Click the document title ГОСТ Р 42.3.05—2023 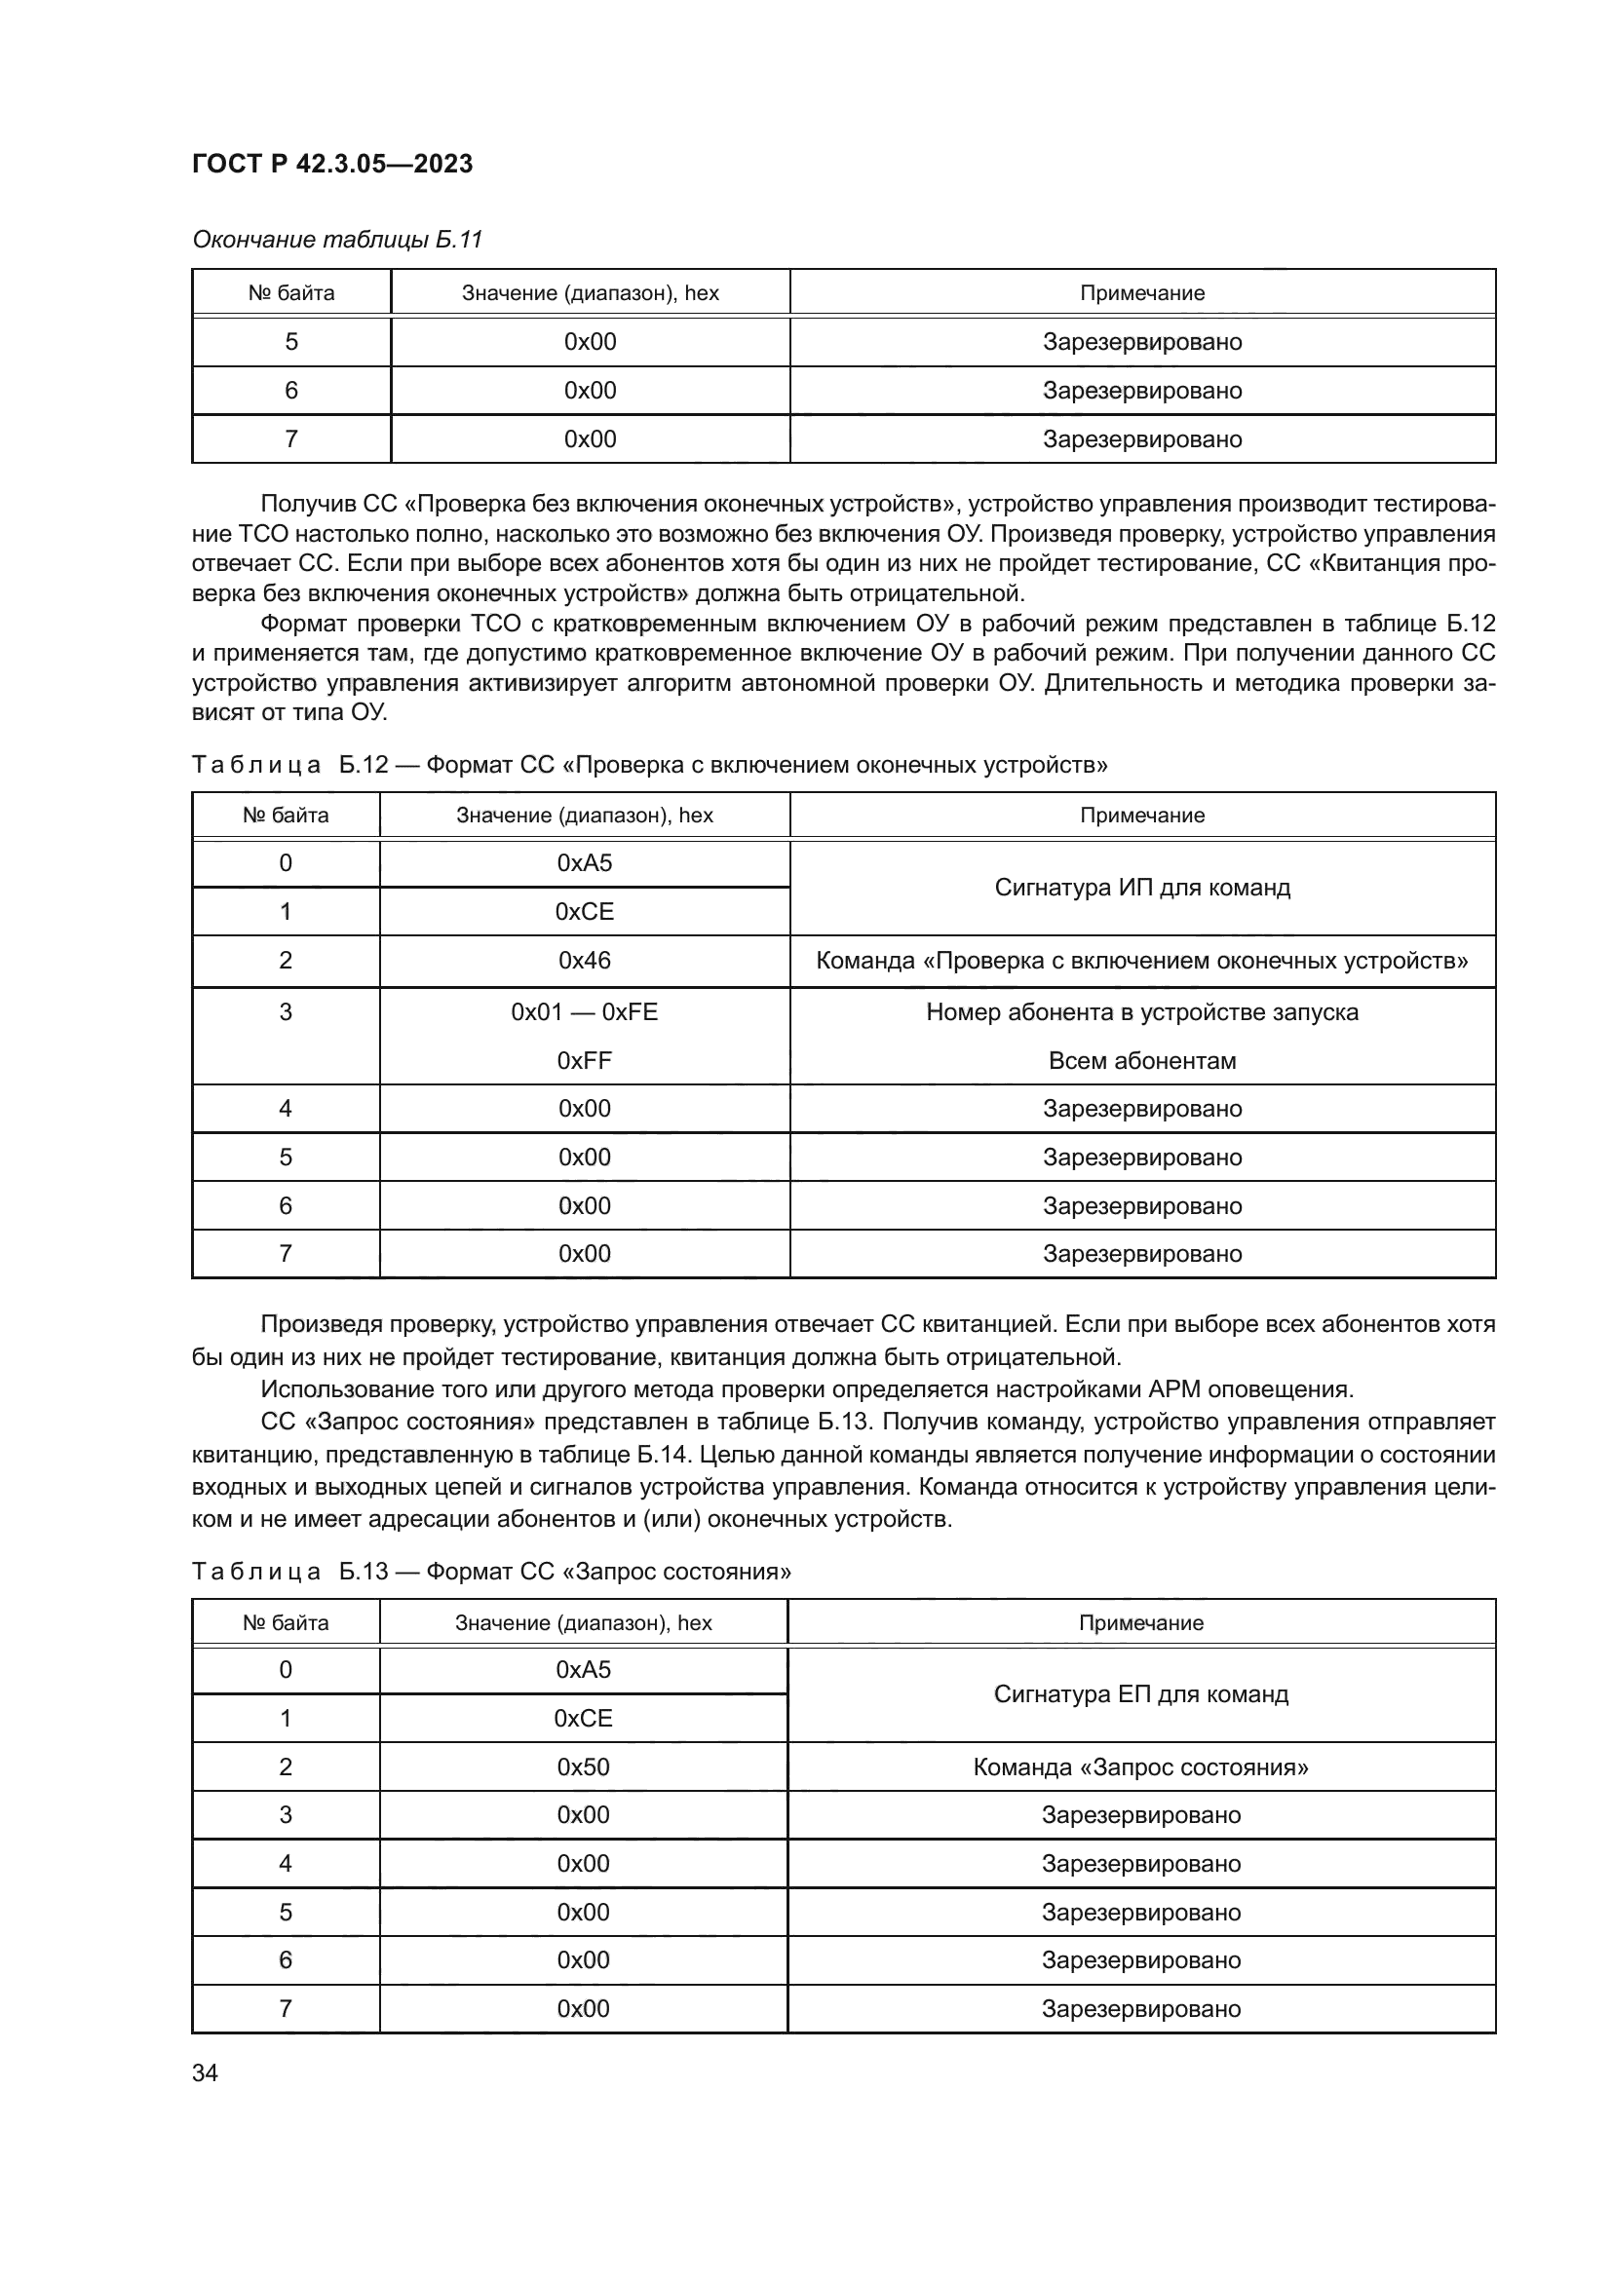pyautogui.click(x=331, y=164)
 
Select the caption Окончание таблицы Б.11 pyautogui.click(x=336, y=240)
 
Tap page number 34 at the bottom pyautogui.click(x=205, y=2072)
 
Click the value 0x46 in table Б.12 pyautogui.click(x=585, y=960)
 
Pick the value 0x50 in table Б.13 pyautogui.click(x=583, y=1766)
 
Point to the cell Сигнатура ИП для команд pyautogui.click(x=1141, y=887)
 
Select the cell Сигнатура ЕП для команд pyautogui.click(x=1140, y=1693)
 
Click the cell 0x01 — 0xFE pyautogui.click(x=585, y=1011)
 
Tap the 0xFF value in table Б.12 pyautogui.click(x=585, y=1060)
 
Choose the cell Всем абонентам pyautogui.click(x=1141, y=1060)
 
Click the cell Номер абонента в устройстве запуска pyautogui.click(x=1141, y=1011)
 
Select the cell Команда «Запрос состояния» pyautogui.click(x=1140, y=1766)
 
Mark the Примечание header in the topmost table pyautogui.click(x=1141, y=293)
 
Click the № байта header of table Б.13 pyautogui.click(x=286, y=1622)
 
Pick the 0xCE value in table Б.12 pyautogui.click(x=585, y=911)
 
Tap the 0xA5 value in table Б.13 pyautogui.click(x=583, y=1670)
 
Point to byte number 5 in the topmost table pyautogui.click(x=290, y=341)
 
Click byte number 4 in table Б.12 pyautogui.click(x=286, y=1108)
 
